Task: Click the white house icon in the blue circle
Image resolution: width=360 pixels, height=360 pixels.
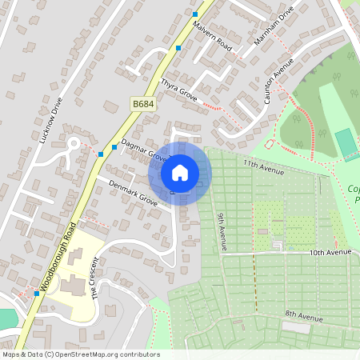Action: [180, 172]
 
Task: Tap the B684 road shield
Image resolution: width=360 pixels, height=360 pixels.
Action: [143, 104]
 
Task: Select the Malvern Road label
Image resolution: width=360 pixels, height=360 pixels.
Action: [213, 36]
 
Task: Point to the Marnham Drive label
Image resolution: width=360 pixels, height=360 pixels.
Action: [274, 29]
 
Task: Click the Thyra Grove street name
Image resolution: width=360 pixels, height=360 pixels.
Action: [178, 87]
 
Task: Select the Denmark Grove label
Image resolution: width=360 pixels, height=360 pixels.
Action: [133, 193]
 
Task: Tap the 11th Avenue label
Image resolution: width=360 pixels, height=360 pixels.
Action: [265, 166]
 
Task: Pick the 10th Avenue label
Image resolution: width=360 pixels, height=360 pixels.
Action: [330, 253]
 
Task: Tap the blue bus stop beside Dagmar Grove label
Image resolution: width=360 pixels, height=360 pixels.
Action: [114, 147]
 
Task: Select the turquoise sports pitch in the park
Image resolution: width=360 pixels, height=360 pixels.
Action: [346, 144]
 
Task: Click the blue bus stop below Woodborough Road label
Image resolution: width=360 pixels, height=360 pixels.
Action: [37, 294]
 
